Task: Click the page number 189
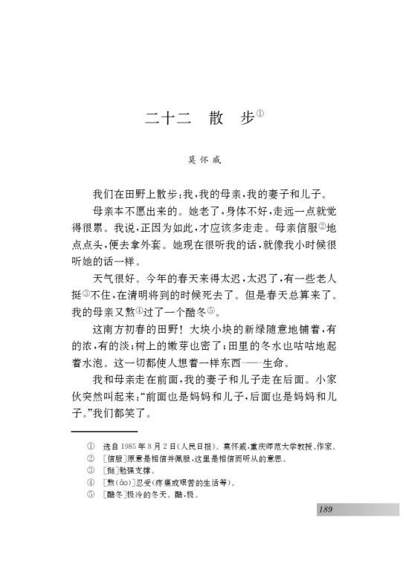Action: (324, 509)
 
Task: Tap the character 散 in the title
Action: (209, 119)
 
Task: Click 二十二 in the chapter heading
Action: (161, 119)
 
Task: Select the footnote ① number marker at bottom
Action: (91, 447)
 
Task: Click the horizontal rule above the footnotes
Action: (105, 431)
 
